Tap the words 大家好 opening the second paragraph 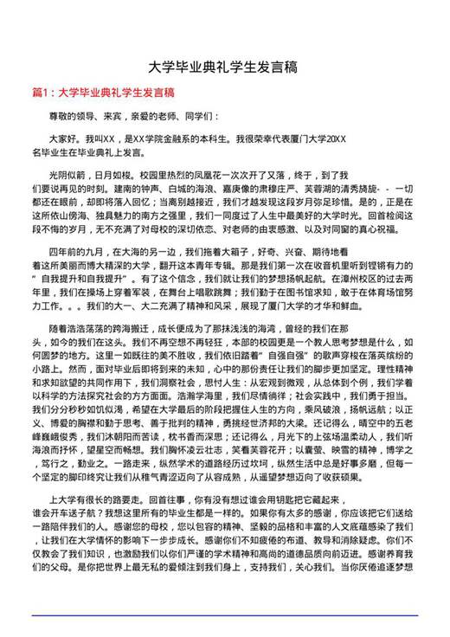coord(62,138)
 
